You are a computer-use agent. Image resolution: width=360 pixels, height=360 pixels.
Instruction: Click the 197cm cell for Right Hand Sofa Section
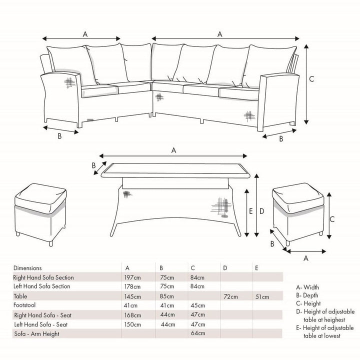[x=132, y=277]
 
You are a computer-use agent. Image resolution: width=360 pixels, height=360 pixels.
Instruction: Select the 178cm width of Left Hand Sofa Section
[x=132, y=286]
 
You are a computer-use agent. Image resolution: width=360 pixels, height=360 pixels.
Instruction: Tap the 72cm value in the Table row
[x=230, y=296]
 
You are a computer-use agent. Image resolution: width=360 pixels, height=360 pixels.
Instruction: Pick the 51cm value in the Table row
[x=262, y=297]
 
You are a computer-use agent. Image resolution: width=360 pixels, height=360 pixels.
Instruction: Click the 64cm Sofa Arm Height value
[x=198, y=333]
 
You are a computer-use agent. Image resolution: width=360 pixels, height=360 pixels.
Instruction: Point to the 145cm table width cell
[x=132, y=296]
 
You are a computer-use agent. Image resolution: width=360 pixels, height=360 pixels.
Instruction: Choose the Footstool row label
[x=24, y=305]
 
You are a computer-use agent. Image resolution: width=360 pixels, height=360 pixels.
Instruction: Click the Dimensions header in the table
[x=27, y=268]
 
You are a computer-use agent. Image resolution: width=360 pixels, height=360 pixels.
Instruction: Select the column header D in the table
[x=225, y=268]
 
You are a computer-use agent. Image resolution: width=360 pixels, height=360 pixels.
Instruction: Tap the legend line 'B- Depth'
[x=307, y=295]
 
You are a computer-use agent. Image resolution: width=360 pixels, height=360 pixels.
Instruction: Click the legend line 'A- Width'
[x=307, y=287]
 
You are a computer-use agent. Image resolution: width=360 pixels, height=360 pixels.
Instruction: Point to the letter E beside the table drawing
[x=250, y=211]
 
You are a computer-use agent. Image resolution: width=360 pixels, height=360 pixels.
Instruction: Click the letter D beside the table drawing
[x=261, y=211]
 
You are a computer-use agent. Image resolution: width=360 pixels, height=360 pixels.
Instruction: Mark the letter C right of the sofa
[x=311, y=79]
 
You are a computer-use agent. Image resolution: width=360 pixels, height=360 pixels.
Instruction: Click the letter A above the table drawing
[x=174, y=150]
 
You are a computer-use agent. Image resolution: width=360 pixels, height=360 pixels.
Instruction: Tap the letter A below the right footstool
[x=306, y=258]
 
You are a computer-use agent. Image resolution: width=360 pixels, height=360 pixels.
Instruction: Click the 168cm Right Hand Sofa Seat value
[x=132, y=315]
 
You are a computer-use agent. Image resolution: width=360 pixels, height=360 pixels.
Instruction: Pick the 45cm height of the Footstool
[x=198, y=305]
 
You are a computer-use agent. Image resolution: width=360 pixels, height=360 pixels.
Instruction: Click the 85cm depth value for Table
[x=167, y=296]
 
